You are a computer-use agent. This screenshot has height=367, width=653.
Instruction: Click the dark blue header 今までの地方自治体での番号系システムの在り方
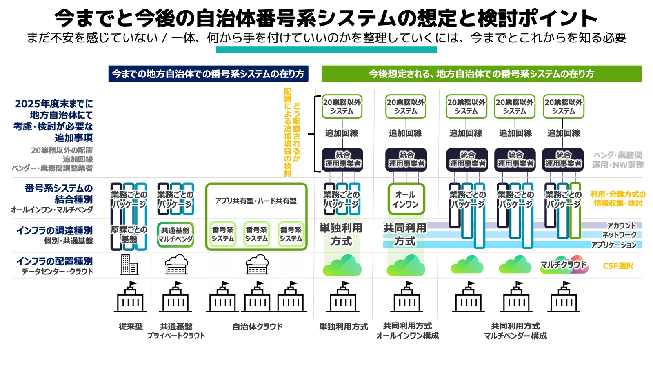(208, 74)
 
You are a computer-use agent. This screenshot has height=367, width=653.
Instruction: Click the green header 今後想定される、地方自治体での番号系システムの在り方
(481, 74)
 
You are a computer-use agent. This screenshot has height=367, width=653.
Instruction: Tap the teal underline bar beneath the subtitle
(326, 50)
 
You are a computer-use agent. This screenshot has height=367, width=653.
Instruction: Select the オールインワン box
(406, 199)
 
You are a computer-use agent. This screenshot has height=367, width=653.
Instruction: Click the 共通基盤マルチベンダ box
(175, 235)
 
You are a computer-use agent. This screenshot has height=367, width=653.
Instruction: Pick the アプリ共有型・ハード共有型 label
(256, 201)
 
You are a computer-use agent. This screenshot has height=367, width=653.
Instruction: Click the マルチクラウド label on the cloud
(563, 265)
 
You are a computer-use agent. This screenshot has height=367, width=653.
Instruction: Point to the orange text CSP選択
(618, 266)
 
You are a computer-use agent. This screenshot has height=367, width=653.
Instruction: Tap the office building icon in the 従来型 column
(129, 264)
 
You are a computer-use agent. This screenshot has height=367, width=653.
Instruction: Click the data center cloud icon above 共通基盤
(176, 265)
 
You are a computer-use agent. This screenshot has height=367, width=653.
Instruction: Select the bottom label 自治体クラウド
(257, 327)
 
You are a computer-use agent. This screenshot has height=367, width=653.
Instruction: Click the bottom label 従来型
(131, 327)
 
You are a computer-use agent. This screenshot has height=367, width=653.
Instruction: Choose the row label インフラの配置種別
(55, 261)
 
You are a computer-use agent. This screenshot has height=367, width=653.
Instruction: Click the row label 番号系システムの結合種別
(58, 194)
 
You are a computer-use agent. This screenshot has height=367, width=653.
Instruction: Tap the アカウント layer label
(621, 226)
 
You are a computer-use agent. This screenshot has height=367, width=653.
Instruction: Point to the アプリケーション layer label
(614, 245)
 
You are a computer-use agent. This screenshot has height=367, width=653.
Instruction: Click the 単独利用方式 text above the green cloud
(341, 234)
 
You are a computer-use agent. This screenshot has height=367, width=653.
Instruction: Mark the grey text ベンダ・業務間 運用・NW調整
(618, 160)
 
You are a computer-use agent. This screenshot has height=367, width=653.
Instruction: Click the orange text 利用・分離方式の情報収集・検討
(618, 199)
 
